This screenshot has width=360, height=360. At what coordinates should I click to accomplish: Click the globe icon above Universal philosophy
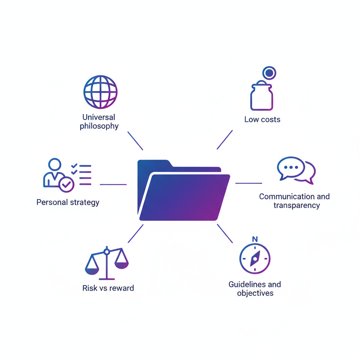click(x=100, y=92)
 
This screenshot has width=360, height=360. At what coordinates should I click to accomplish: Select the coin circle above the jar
click(x=269, y=73)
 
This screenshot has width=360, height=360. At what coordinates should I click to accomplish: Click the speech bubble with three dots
click(x=290, y=167)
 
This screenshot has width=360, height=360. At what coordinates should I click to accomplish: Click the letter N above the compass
click(x=255, y=239)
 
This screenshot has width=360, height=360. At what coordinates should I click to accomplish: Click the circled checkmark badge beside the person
click(x=66, y=184)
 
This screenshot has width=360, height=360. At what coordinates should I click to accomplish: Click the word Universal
click(x=99, y=117)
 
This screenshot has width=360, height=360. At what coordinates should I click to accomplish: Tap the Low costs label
click(x=262, y=120)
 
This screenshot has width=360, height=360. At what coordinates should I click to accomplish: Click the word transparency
click(x=296, y=205)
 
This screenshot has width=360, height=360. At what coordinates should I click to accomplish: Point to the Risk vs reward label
click(x=108, y=288)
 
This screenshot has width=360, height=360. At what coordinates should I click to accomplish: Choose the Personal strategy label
click(x=68, y=202)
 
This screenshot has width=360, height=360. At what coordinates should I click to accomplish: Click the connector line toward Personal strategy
click(x=113, y=184)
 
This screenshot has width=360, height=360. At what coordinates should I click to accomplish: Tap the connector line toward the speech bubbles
click(x=249, y=183)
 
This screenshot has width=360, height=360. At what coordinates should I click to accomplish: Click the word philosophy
click(x=99, y=126)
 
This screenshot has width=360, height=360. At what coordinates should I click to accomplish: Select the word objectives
click(x=255, y=293)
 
